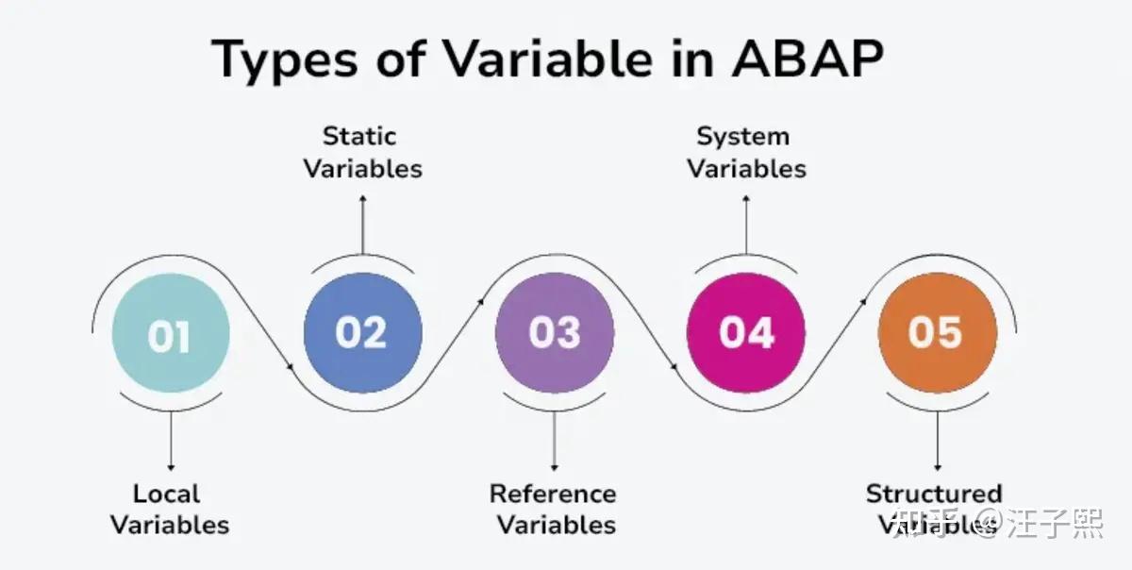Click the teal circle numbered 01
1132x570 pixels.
170,337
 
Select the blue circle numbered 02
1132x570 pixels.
362,333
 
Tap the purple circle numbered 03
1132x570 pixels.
555,333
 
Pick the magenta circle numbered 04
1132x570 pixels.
746,333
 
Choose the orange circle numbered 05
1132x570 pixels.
937,333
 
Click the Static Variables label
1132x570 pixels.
362,152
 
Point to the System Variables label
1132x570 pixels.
746,152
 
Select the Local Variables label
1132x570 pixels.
170,509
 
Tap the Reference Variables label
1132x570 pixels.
554,509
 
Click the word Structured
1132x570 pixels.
934,494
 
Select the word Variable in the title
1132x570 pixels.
547,59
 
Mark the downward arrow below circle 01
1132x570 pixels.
171,439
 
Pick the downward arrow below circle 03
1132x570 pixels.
554,439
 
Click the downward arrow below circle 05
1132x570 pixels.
937,439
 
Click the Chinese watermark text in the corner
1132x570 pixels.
1000,522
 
